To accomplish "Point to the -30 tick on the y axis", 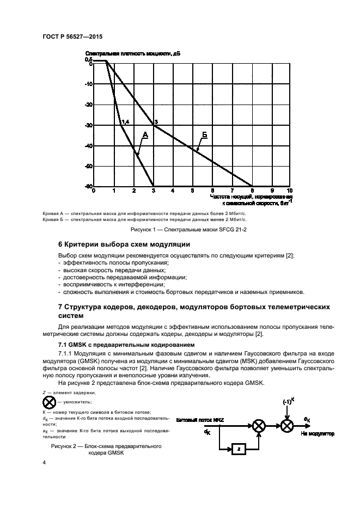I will pyautogui.click(x=88, y=125).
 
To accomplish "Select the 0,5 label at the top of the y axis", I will pyautogui.click(x=88, y=60).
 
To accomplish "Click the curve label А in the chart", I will pyautogui.click(x=145, y=134).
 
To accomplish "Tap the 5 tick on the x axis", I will pyautogui.click(x=192, y=191).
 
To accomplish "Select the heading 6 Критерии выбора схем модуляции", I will pyautogui.click(x=124, y=244).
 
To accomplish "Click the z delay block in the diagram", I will pyautogui.click(x=237, y=449).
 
